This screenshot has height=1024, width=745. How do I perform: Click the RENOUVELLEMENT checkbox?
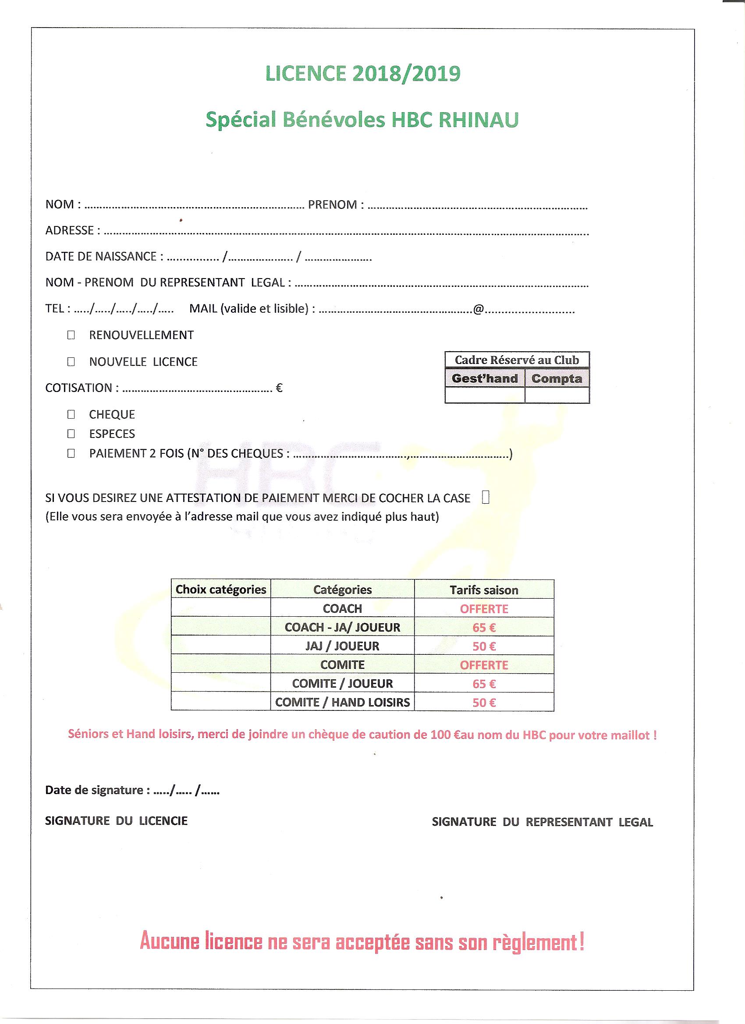pyautogui.click(x=71, y=335)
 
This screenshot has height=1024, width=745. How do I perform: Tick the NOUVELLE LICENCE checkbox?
pyautogui.click(x=71, y=362)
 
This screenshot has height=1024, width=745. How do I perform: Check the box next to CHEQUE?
pyautogui.click(x=71, y=414)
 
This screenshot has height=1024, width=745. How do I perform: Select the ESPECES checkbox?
pyautogui.click(x=71, y=434)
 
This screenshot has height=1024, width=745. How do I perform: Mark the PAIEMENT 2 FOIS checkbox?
pyautogui.click(x=71, y=453)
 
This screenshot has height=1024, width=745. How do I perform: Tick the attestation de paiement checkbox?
pyautogui.click(x=486, y=498)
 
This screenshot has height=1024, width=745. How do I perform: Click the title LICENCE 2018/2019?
pyautogui.click(x=363, y=74)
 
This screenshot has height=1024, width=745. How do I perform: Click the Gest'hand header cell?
pyautogui.click(x=484, y=378)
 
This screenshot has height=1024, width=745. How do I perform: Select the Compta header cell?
pyautogui.click(x=557, y=378)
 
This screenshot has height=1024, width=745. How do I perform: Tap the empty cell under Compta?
pyautogui.click(x=557, y=395)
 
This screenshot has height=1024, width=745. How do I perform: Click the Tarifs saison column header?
pyautogui.click(x=484, y=590)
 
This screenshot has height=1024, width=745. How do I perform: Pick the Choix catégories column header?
pyautogui.click(x=221, y=589)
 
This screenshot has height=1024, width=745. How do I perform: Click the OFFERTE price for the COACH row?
pyautogui.click(x=484, y=609)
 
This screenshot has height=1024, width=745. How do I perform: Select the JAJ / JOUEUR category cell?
pyautogui.click(x=342, y=646)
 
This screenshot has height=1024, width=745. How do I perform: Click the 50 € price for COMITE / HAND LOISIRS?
pyautogui.click(x=484, y=702)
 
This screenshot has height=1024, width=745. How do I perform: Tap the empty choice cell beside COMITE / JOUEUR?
pyautogui.click(x=221, y=683)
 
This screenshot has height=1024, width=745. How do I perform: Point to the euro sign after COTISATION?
pyautogui.click(x=279, y=388)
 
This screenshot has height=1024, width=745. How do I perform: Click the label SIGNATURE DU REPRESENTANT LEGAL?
pyautogui.click(x=542, y=822)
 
